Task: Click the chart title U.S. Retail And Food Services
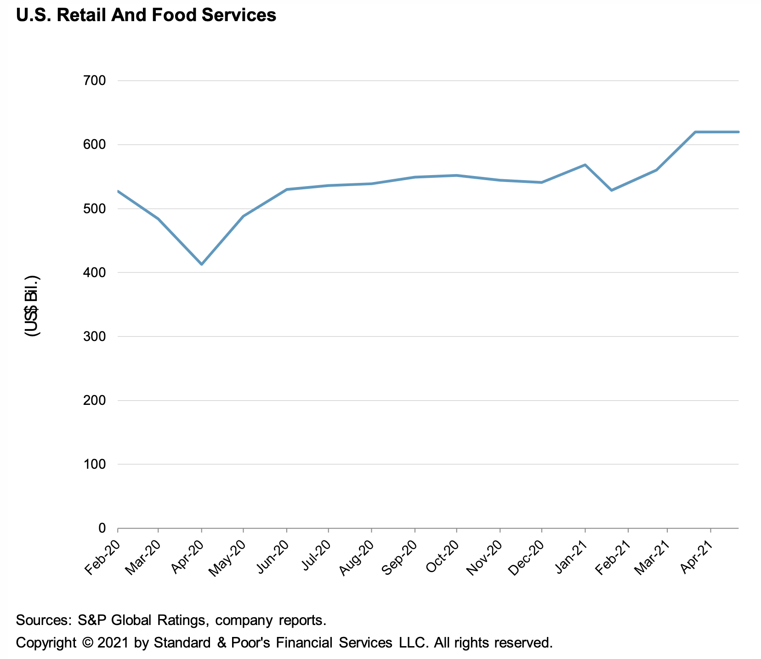(x=146, y=15)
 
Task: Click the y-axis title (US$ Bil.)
(x=32, y=306)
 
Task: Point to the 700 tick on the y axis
(x=96, y=81)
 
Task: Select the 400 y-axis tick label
(x=96, y=273)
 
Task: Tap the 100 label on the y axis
(x=96, y=464)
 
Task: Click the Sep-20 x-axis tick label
(x=401, y=557)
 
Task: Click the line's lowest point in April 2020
(x=201, y=264)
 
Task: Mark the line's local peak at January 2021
(x=585, y=165)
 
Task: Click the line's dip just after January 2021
(x=612, y=190)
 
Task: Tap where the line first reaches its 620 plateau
(x=696, y=132)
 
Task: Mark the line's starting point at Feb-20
(x=118, y=191)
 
